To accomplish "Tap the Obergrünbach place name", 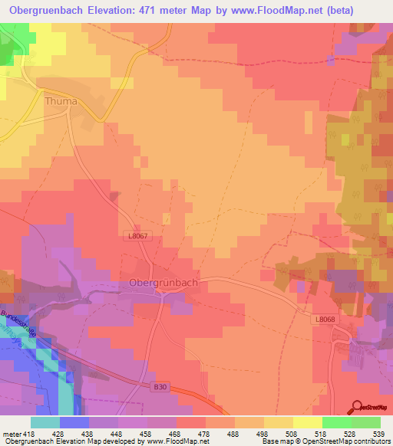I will tap(159, 283).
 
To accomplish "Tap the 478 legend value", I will tap(203, 432).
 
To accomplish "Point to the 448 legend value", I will tap(117, 432).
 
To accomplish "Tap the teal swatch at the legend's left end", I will tap(45, 422).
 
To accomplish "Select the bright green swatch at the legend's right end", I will tap(366, 422).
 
